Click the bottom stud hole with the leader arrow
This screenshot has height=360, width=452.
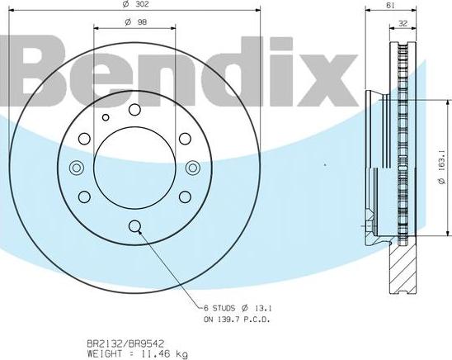pos(135,229)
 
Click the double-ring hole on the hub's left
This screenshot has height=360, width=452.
pos(77,168)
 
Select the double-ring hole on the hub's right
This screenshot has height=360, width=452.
pos(194,168)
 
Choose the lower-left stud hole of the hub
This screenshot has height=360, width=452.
pos(83,198)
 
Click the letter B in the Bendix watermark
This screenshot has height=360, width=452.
pos(46,73)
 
